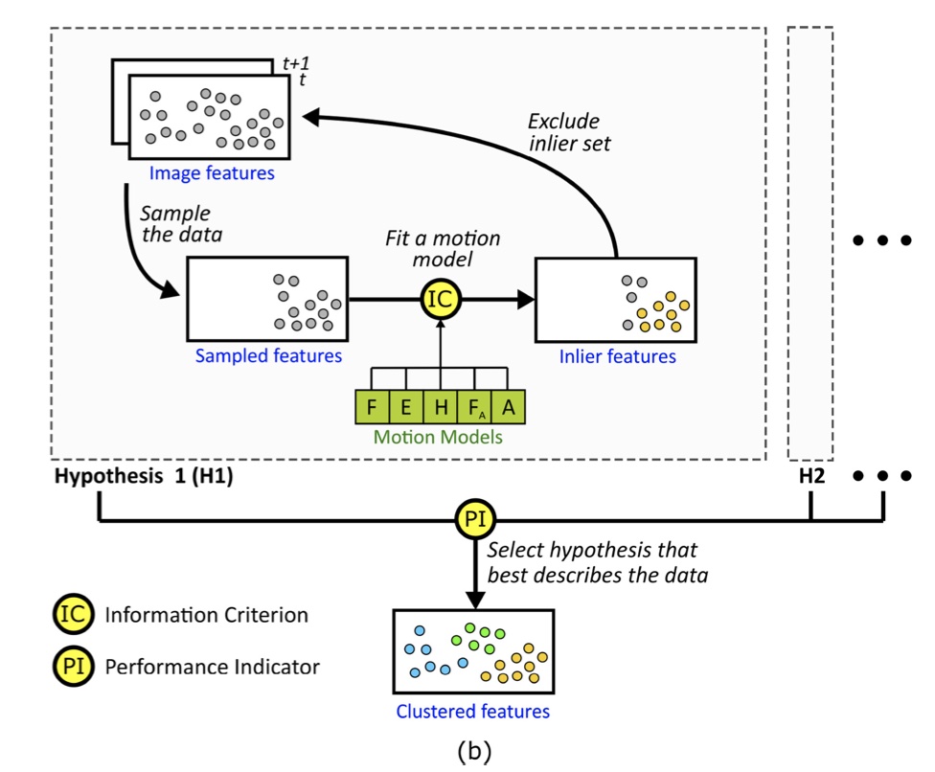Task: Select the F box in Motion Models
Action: (372, 407)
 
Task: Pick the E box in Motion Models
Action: (406, 407)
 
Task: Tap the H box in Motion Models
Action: (441, 407)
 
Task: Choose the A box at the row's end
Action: (509, 407)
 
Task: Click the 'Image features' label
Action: (212, 174)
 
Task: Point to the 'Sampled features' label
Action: (268, 356)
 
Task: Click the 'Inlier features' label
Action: (617, 356)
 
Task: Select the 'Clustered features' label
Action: (473, 712)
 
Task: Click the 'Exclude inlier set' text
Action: (569, 133)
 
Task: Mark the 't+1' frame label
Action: (297, 64)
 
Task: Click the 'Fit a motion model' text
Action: (443, 249)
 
